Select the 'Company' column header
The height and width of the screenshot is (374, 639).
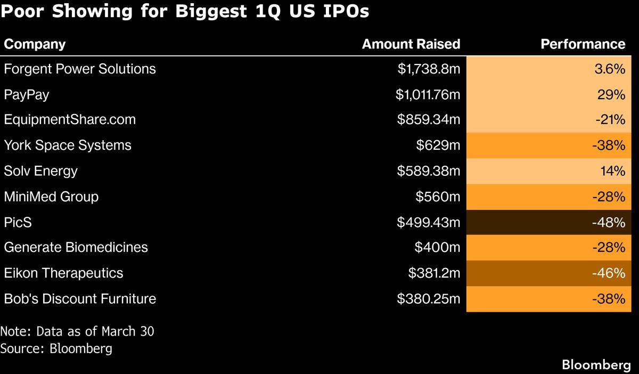35,44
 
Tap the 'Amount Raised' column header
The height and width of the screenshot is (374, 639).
411,44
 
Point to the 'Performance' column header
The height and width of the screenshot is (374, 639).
583,44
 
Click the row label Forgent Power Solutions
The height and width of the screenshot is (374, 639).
80,69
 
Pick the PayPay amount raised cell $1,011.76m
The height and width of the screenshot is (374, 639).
428,94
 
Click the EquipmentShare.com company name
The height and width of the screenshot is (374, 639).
70,120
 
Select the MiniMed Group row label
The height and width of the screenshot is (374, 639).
51,197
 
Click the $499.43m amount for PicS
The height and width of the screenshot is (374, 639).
428,222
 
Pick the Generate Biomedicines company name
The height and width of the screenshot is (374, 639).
76,248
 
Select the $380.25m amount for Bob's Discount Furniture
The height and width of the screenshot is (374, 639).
428,299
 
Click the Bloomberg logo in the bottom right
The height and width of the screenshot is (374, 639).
596,365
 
